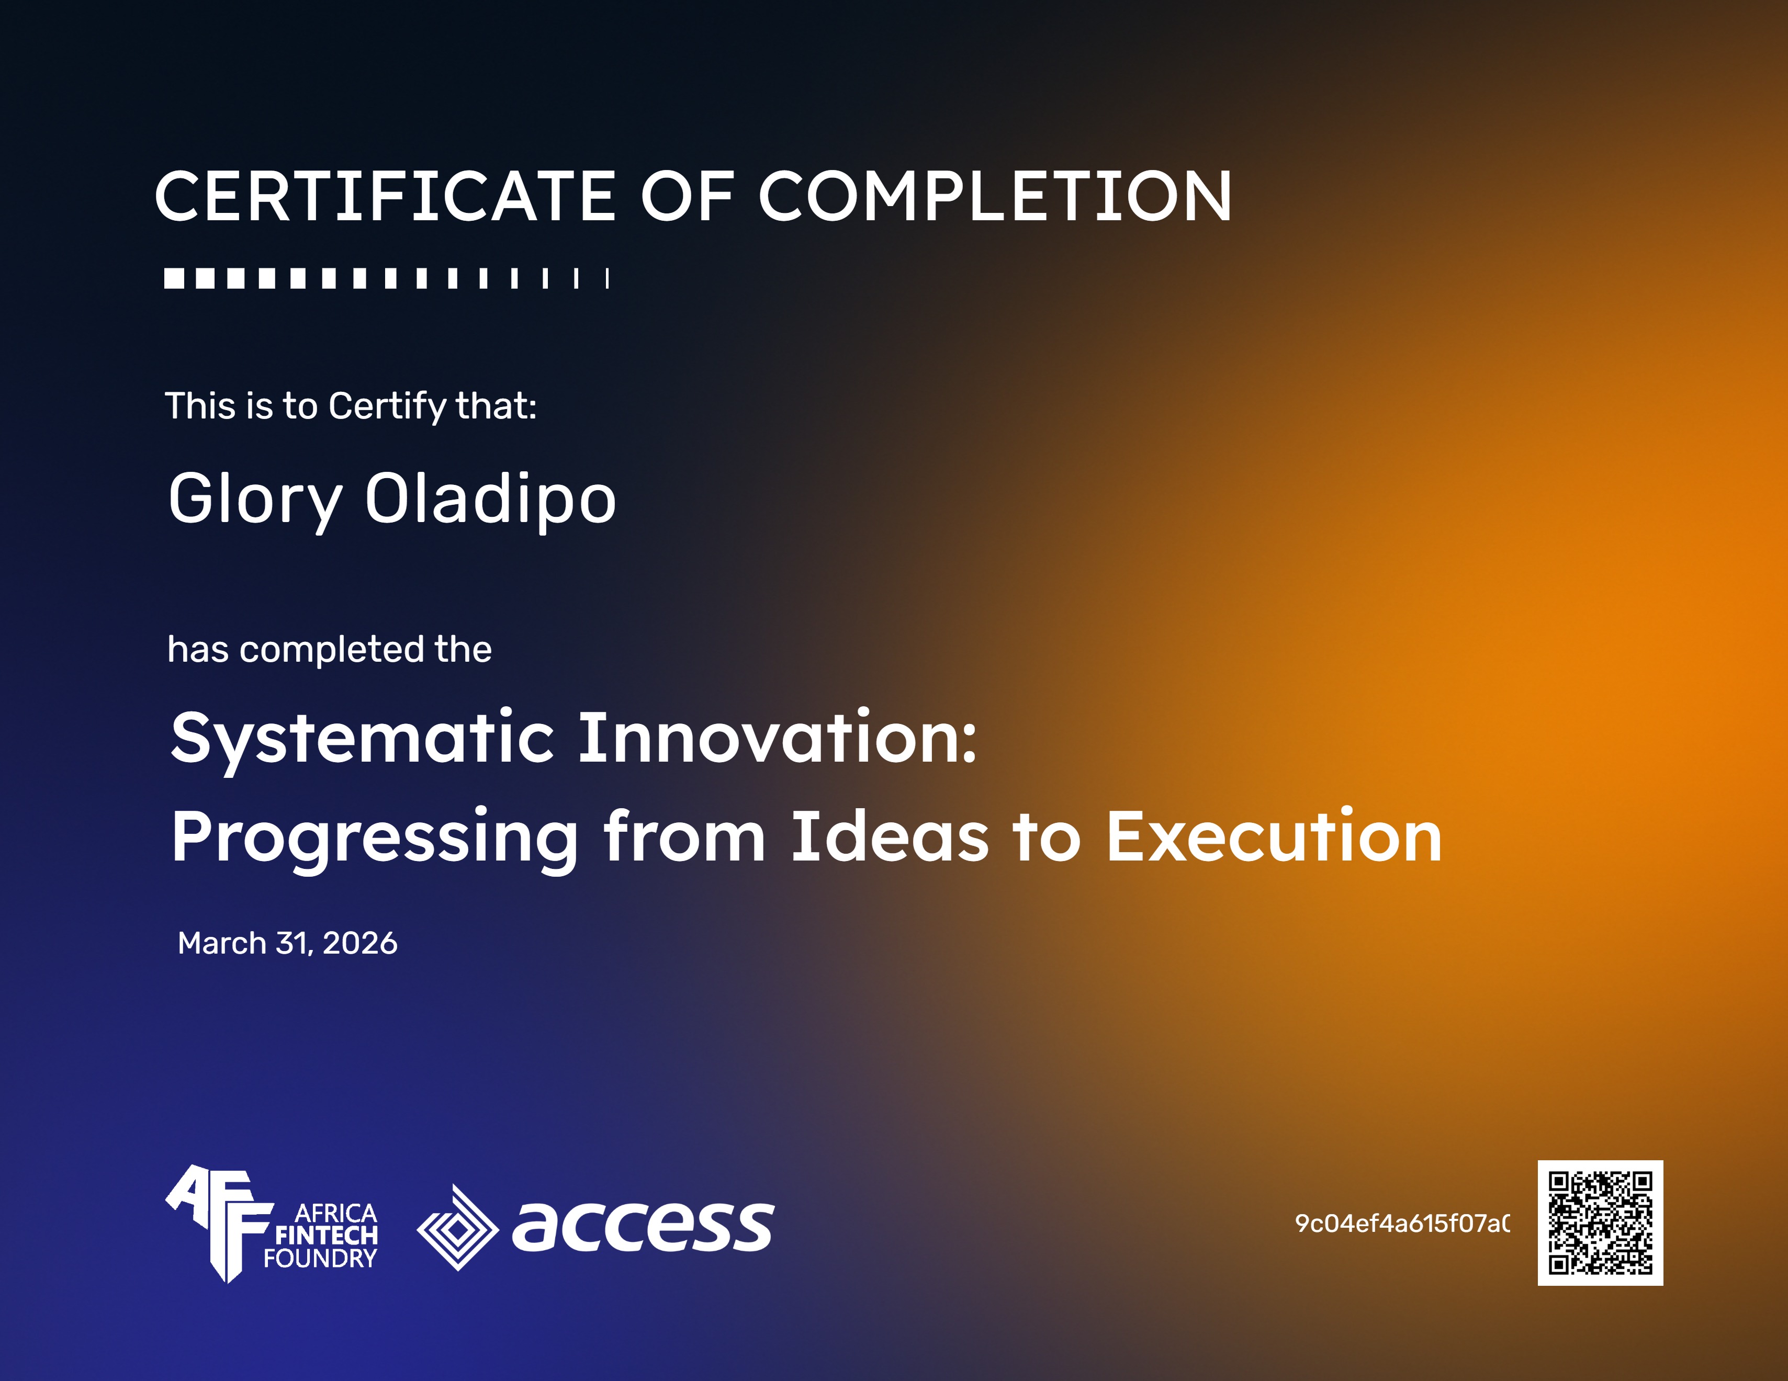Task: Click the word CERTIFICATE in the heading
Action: click(385, 197)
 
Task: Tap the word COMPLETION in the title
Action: click(995, 197)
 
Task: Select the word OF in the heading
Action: click(686, 197)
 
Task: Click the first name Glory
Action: click(255, 500)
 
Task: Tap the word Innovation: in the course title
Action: click(778, 739)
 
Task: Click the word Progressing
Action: click(375, 838)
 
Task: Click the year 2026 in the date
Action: click(360, 943)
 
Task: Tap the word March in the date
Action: click(222, 943)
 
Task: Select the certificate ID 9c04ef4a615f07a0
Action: click(1402, 1223)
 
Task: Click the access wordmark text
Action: click(643, 1226)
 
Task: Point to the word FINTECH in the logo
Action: click(326, 1235)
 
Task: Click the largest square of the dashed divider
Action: click(174, 278)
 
